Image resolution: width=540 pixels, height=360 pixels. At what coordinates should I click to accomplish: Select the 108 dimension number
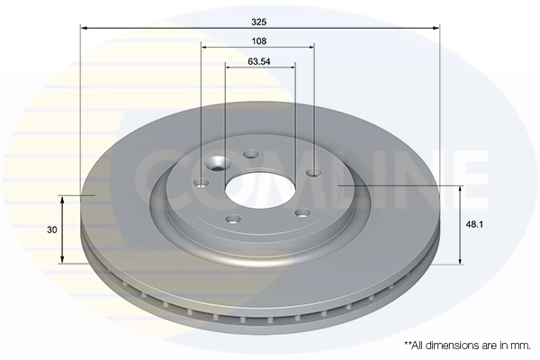coord(259,40)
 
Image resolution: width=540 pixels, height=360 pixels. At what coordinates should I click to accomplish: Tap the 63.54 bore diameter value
coord(259,63)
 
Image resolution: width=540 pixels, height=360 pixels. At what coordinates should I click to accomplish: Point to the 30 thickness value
coord(53,229)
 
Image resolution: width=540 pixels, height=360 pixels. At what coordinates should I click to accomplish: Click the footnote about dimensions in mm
coord(468,345)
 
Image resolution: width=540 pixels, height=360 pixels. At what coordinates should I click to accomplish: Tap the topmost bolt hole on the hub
coord(251,153)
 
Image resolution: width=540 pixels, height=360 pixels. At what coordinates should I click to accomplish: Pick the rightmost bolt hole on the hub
coord(313,172)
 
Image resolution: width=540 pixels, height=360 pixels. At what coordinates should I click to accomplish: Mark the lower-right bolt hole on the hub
coord(302,212)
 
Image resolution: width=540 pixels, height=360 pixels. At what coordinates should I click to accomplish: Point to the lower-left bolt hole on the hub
coord(233,219)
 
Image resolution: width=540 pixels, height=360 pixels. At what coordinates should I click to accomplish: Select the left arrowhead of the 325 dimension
coord(84,28)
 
